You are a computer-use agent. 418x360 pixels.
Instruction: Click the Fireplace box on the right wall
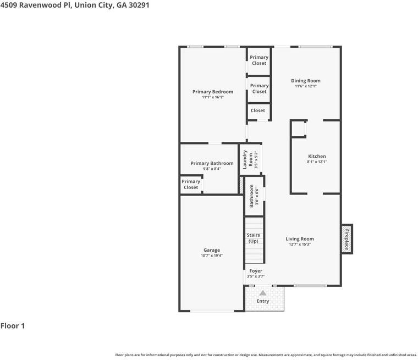coord(347,239)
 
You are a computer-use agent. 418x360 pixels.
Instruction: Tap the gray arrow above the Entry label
coord(263,293)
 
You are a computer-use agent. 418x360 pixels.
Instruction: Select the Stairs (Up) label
coord(253,238)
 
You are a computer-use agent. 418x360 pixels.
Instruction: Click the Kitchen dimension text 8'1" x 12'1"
coord(317,162)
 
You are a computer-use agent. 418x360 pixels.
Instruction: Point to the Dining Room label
coord(306,80)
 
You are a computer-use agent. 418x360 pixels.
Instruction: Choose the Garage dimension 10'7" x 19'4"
coord(212,255)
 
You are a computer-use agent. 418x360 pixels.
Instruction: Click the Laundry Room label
coord(248,159)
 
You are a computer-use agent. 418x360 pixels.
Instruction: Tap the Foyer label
coord(256,271)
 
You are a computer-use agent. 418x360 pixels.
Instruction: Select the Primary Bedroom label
coord(213,92)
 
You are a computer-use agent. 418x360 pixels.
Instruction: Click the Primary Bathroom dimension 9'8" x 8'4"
coord(212,169)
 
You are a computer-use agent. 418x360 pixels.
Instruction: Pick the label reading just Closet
coord(258,110)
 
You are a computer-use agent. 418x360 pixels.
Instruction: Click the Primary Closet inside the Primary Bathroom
coord(191,184)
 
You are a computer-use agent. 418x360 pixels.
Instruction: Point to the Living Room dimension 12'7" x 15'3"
coord(300,244)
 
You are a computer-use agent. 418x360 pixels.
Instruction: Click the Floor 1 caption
coord(13,325)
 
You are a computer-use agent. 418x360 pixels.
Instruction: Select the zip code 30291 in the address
coord(139,5)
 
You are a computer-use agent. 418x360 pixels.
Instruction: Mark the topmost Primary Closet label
coord(259,60)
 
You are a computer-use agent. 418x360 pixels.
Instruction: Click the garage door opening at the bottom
coord(212,311)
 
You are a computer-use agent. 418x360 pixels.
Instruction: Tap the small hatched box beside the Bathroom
coord(241,185)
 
